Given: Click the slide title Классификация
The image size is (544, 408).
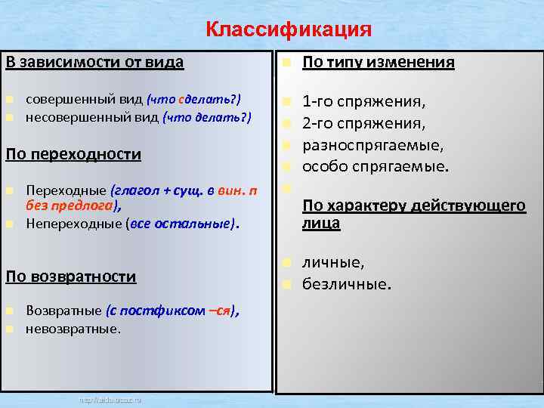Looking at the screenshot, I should pos(289,29).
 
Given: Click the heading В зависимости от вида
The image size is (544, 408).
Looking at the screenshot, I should pos(94,62).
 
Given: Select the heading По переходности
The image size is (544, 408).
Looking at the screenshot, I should pos(73,154).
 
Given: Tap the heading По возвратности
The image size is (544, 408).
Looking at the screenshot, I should pos(71,276).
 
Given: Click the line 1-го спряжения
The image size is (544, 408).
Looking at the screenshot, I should pos(363,100).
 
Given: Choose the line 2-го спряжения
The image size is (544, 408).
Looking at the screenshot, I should pos(363,122).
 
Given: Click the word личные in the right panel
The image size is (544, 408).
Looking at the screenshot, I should pos(333,262).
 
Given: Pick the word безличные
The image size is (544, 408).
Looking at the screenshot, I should pos(347,284).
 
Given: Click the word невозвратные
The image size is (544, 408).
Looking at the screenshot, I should pos(73,329).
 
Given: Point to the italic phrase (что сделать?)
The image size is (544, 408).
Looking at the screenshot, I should pos(194,100).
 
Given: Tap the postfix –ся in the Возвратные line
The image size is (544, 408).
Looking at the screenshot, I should pos(219,311).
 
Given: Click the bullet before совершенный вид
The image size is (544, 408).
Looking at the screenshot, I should pos(9,100).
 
